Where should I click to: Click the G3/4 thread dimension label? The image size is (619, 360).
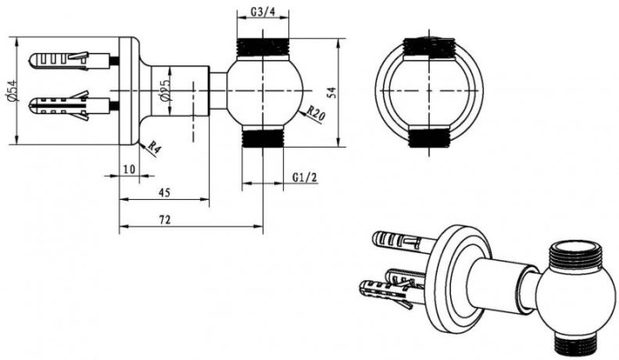[x=264, y=11]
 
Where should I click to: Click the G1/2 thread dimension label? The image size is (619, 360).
[x=305, y=177]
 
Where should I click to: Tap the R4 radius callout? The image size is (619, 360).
[x=153, y=148]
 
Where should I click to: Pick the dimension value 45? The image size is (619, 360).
[x=164, y=192]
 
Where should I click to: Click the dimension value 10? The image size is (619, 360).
[x=128, y=168]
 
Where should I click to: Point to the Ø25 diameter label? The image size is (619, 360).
[x=164, y=93]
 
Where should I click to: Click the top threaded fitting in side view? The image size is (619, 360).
[x=264, y=50]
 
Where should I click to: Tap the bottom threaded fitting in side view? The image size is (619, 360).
[x=264, y=137]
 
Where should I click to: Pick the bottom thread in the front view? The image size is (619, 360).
[x=428, y=138]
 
